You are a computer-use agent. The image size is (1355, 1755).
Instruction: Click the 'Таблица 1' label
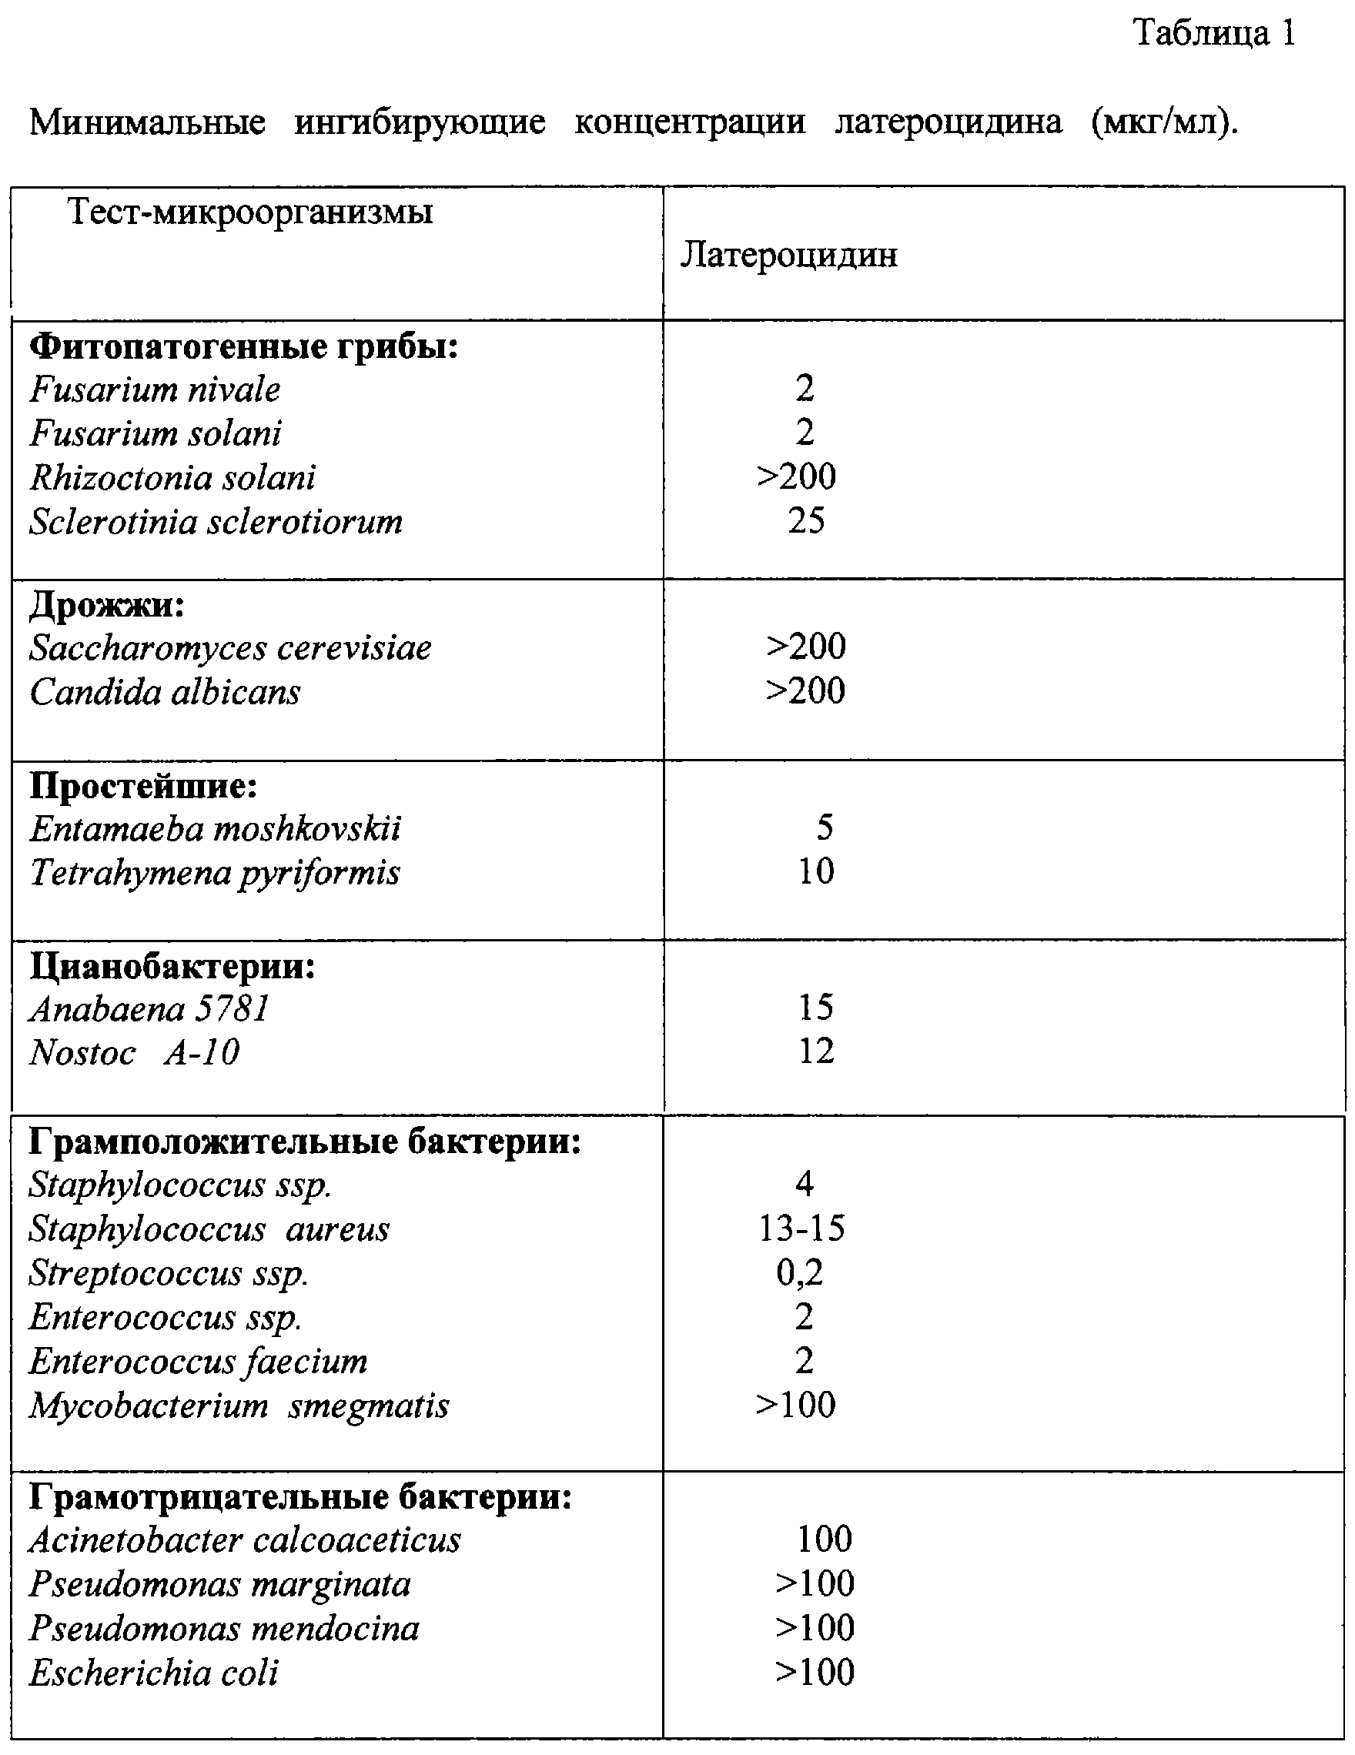pos(1213,34)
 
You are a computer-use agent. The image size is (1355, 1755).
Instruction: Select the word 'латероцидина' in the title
pos(948,122)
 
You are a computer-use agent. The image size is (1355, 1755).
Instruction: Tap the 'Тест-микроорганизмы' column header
pos(250,212)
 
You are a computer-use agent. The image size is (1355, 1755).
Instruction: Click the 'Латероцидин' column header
pos(788,256)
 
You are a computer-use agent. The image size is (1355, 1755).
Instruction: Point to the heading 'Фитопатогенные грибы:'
pos(243,347)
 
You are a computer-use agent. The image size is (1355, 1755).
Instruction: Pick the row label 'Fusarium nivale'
pos(155,390)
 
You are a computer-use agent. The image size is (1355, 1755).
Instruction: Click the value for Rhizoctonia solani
pos(795,477)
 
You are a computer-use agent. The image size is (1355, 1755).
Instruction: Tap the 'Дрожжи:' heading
pos(107,605)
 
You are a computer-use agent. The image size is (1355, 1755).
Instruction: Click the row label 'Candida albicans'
pos(165,693)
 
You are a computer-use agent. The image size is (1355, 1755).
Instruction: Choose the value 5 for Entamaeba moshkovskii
pos(825,827)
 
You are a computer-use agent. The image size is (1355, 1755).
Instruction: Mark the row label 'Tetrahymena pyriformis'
pos(215,873)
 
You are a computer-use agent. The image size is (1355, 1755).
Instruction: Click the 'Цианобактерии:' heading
pos(172,967)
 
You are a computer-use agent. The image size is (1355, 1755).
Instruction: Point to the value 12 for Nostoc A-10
pos(816,1051)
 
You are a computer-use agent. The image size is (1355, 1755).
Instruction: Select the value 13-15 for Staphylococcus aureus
pos(801,1228)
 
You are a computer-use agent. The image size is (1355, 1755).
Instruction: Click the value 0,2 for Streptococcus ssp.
pos(800,1273)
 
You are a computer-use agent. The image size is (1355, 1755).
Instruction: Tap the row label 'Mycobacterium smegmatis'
pos(239,1406)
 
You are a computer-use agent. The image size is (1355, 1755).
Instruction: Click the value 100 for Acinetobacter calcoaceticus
pos(824,1539)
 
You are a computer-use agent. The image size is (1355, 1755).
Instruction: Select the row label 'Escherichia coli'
pos(153,1673)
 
